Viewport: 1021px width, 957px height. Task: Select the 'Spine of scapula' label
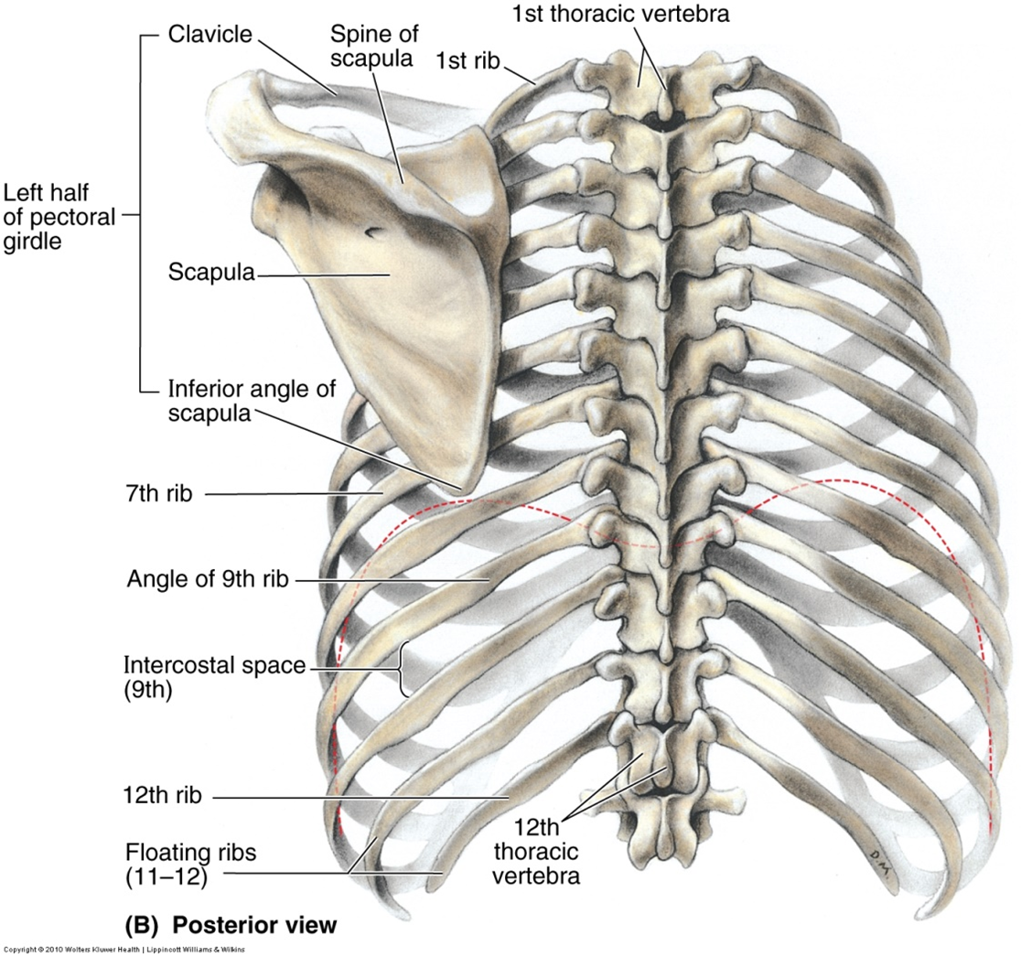click(370, 47)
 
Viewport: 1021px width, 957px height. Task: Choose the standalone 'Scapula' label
click(210, 273)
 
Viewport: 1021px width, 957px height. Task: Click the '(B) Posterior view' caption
click(231, 925)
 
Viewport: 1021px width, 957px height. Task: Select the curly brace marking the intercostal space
click(403, 670)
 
